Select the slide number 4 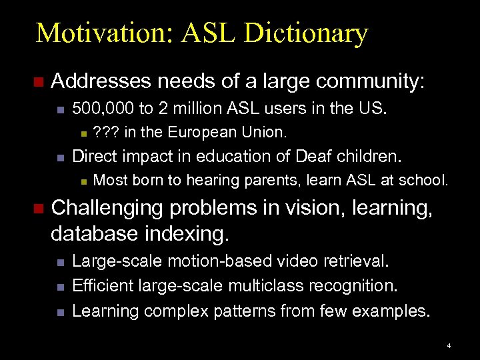449,346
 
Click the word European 197,133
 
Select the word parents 264,180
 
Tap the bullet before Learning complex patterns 59,311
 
